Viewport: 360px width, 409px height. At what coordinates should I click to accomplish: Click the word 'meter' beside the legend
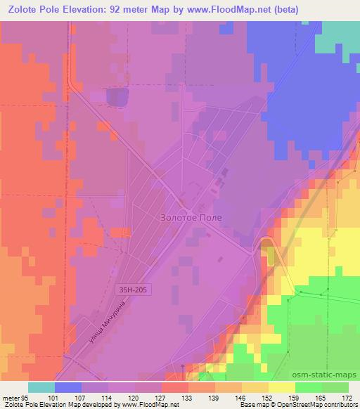pyautogui.click(x=11, y=397)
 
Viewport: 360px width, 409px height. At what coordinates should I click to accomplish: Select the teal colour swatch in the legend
pyautogui.click(x=41, y=387)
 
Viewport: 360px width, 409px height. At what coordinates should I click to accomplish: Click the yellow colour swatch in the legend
pyautogui.click(x=282, y=387)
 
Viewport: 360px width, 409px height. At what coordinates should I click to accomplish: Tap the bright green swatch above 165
pyautogui.click(x=309, y=387)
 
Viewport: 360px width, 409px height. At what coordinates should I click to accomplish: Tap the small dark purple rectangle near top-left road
pyautogui.click(x=117, y=97)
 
